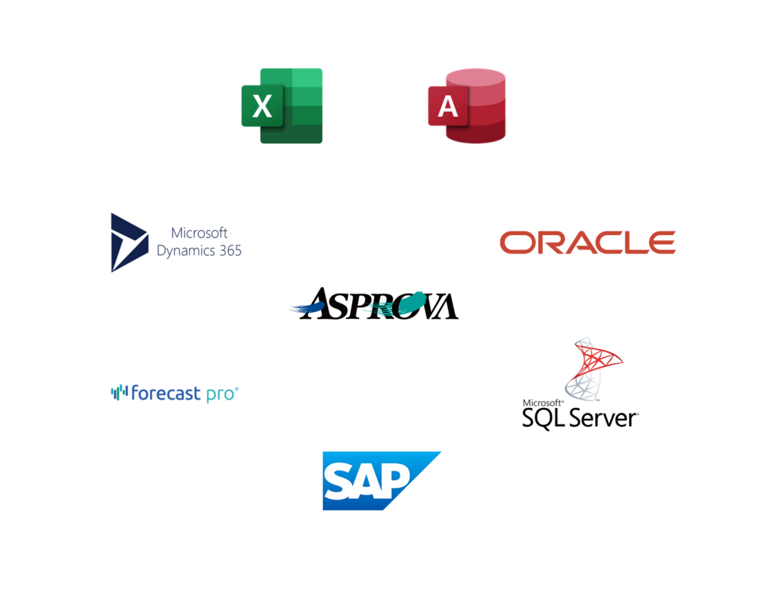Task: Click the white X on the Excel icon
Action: pyautogui.click(x=262, y=107)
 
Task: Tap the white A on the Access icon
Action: pyautogui.click(x=448, y=106)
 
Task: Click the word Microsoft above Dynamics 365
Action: pyautogui.click(x=199, y=234)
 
